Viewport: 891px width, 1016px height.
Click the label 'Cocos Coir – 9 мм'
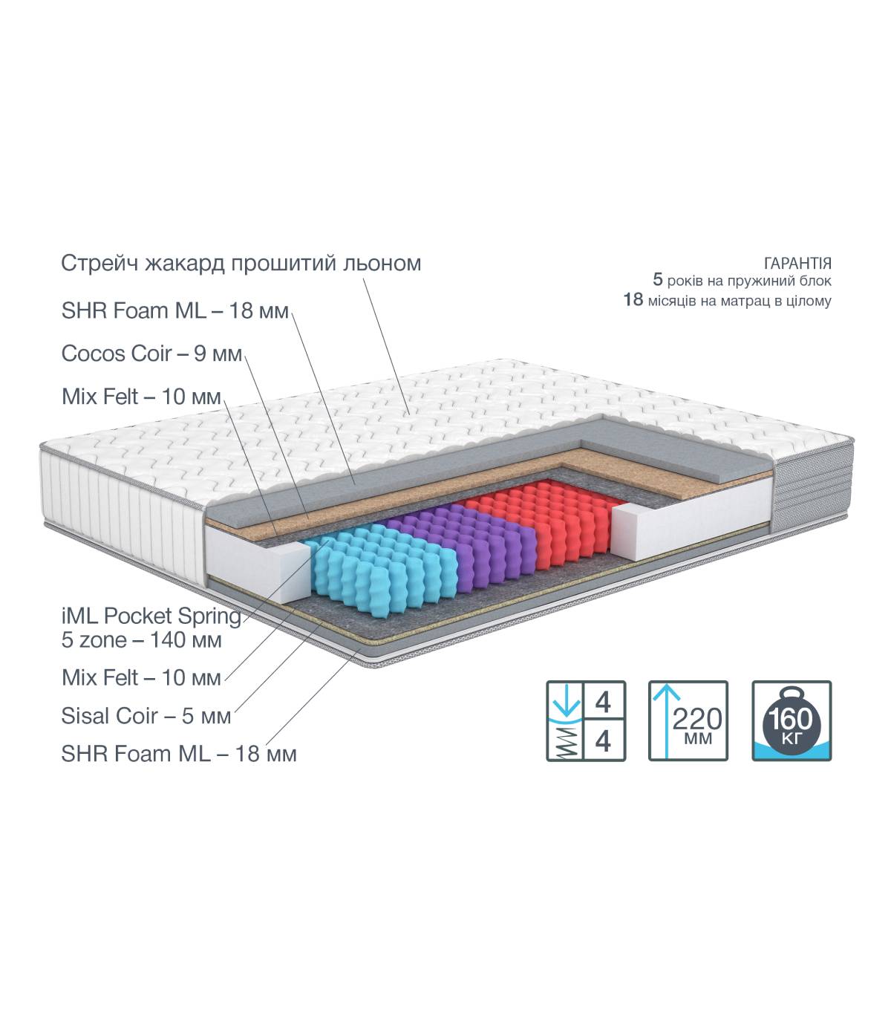click(x=151, y=354)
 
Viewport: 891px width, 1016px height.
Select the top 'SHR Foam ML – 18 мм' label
click(x=175, y=311)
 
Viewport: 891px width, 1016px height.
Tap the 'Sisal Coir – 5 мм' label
click(x=146, y=716)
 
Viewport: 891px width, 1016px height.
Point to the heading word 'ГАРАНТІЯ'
click(x=797, y=263)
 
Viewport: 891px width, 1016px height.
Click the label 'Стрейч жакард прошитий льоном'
click(x=241, y=264)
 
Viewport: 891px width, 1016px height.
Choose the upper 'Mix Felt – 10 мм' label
click(x=141, y=397)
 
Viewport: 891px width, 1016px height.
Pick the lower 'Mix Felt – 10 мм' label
click(x=141, y=678)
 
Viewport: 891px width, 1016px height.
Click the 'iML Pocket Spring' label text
click(x=151, y=617)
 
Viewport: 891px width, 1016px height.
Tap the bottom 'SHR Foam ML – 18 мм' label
click(x=179, y=754)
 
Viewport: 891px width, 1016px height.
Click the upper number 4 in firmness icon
click(x=603, y=703)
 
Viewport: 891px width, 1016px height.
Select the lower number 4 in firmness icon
click(x=603, y=740)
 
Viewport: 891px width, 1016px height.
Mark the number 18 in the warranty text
click(x=633, y=300)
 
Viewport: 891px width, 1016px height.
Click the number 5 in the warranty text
click(x=658, y=279)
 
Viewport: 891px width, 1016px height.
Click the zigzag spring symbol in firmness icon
click(x=565, y=742)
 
